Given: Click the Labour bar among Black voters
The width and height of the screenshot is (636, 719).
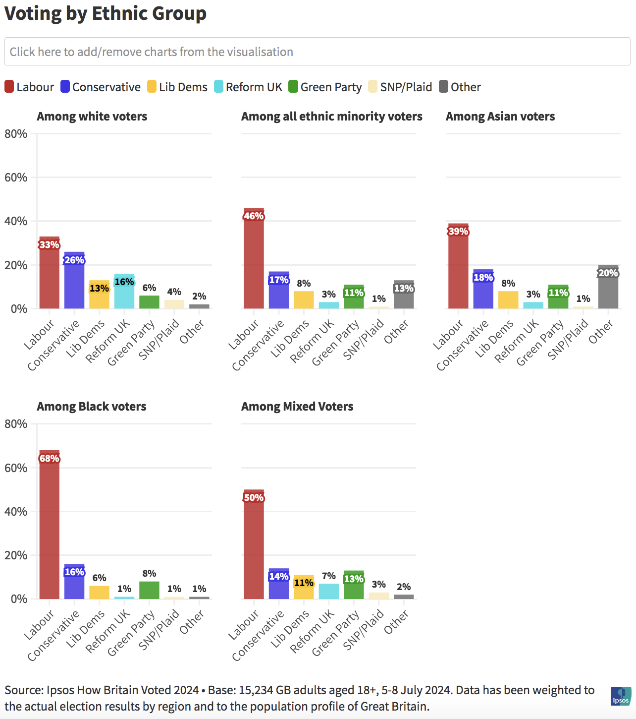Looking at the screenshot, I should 50,526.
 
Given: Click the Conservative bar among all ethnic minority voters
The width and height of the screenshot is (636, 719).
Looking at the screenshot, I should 279,295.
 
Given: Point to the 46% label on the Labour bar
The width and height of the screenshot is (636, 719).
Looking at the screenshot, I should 254,216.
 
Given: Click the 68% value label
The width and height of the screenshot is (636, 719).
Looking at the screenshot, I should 50,459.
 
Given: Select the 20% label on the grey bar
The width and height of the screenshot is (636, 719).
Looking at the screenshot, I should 608,273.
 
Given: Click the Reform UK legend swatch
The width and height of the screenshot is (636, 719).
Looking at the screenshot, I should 219,87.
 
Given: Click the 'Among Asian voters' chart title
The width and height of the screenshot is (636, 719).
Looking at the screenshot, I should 500,117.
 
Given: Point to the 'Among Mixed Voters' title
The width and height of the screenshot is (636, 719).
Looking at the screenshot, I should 297,407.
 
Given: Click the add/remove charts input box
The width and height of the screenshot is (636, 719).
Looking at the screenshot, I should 317,52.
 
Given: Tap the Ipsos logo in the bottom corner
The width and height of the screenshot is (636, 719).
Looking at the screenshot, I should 621,696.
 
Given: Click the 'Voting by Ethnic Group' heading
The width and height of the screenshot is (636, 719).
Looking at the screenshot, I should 106,13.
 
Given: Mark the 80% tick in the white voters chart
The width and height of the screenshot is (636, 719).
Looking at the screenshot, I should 16,134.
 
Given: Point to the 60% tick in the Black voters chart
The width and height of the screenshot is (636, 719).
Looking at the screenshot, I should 16,468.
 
